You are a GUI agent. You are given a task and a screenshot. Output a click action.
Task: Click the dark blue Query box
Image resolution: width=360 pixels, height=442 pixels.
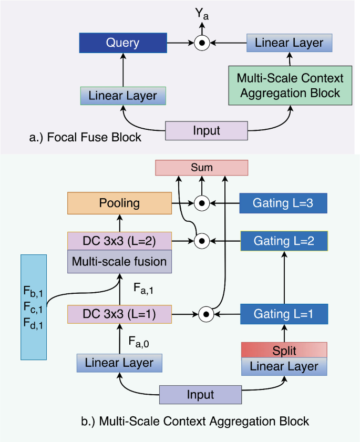point(123,43)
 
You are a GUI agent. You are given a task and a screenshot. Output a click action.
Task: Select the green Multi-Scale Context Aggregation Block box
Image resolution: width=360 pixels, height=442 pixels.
point(290,86)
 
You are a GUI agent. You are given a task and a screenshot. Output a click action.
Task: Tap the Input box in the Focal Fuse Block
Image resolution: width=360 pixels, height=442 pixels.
point(207,131)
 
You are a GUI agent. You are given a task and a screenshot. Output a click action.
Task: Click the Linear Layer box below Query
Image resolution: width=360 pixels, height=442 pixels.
point(123,96)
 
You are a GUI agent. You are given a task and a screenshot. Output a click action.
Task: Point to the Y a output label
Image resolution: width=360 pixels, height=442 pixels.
point(202,14)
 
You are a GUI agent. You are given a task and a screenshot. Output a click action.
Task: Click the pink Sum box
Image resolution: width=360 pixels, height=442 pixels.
point(202,168)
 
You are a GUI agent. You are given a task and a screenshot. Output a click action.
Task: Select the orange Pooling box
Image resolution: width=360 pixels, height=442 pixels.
point(119,203)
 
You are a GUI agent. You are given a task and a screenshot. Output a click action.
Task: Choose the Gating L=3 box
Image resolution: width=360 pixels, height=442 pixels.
point(283,203)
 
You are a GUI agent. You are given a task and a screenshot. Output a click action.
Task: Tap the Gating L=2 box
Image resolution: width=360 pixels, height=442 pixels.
point(284,241)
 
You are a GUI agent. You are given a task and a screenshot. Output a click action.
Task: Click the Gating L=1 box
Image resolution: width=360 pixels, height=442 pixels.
point(284,314)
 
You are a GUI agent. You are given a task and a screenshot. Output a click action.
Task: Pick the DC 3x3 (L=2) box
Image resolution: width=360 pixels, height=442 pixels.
point(119,241)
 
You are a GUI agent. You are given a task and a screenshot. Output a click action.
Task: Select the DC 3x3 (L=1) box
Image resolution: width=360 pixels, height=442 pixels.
point(119,314)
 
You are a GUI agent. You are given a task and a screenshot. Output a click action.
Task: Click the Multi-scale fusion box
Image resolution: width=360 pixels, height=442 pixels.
point(119,261)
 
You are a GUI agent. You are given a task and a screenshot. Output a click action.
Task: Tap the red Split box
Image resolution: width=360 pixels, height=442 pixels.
point(284,350)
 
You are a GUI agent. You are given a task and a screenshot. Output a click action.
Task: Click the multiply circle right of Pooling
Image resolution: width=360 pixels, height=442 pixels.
point(202,203)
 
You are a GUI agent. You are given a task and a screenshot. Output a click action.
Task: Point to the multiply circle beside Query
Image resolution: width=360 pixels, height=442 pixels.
point(202,43)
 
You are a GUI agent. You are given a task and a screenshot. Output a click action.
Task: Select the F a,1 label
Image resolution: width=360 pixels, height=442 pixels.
point(143,289)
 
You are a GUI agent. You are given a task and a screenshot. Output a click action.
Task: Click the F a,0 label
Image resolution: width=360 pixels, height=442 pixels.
point(139,342)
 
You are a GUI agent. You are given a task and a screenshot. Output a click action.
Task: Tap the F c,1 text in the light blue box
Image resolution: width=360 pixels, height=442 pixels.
point(33,307)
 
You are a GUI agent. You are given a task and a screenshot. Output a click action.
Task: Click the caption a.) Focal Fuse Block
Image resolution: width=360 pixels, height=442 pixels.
point(85,137)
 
